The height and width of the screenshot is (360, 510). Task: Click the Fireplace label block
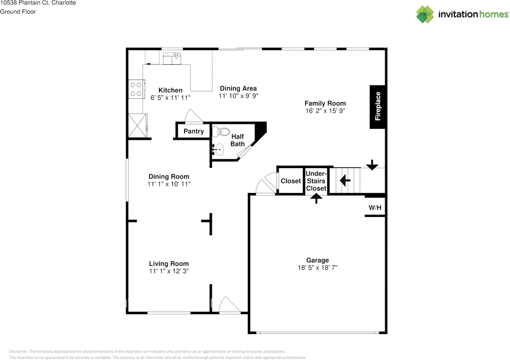pos(377,107)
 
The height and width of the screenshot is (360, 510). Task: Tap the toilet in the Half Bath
pos(221,132)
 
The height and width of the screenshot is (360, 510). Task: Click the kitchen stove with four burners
pos(136,89)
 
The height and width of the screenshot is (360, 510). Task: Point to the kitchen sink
pos(172,58)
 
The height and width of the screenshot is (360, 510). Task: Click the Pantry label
pos(194,131)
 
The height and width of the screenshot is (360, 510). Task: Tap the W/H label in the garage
pos(375,208)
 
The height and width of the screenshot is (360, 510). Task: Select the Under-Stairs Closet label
pos(316,181)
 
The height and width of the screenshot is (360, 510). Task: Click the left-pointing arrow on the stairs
pos(345,181)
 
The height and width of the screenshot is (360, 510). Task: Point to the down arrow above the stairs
pos(372,165)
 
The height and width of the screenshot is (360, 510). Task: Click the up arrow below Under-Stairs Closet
pos(316,198)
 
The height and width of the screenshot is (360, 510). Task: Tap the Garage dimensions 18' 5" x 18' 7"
pos(318,268)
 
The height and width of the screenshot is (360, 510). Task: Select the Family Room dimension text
pos(325,111)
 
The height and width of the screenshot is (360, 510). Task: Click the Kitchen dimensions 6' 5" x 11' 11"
pos(170,98)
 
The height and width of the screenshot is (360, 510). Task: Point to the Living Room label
pos(169,264)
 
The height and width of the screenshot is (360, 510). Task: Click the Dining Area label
pos(238,89)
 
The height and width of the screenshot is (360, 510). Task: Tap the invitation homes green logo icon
pos(425,14)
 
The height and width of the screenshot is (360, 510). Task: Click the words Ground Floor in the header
pos(18,12)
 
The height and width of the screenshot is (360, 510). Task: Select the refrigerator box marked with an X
pos(138,126)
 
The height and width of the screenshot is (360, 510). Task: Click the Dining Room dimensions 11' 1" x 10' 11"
pos(169,184)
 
